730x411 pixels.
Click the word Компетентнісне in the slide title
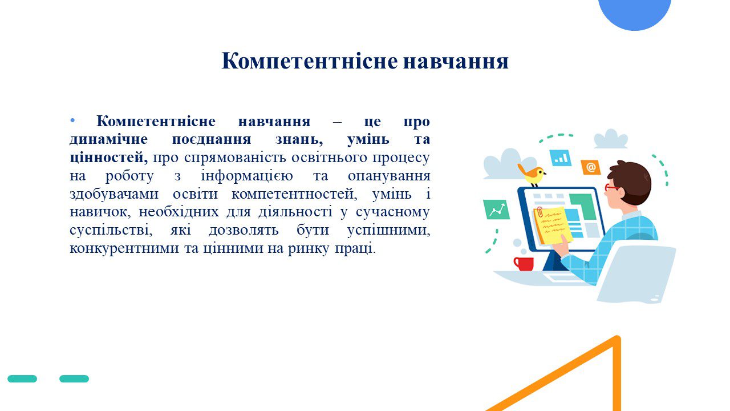pos(310,62)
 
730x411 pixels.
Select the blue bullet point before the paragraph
pos(72,121)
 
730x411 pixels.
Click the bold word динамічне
pos(108,140)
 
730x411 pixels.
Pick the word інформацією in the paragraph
pos(247,176)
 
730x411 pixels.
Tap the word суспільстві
pos(111,230)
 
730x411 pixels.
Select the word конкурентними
pos(124,248)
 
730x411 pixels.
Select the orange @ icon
pos(591,167)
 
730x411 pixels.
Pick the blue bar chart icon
pos(561,158)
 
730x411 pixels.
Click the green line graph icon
pos(496,209)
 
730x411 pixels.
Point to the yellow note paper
pos(553,225)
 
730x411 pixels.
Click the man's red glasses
pos(611,188)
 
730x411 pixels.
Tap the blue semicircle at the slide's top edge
pos(635,15)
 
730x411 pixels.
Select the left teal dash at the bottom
pos(22,378)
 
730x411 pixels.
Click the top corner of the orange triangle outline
pos(617,339)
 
